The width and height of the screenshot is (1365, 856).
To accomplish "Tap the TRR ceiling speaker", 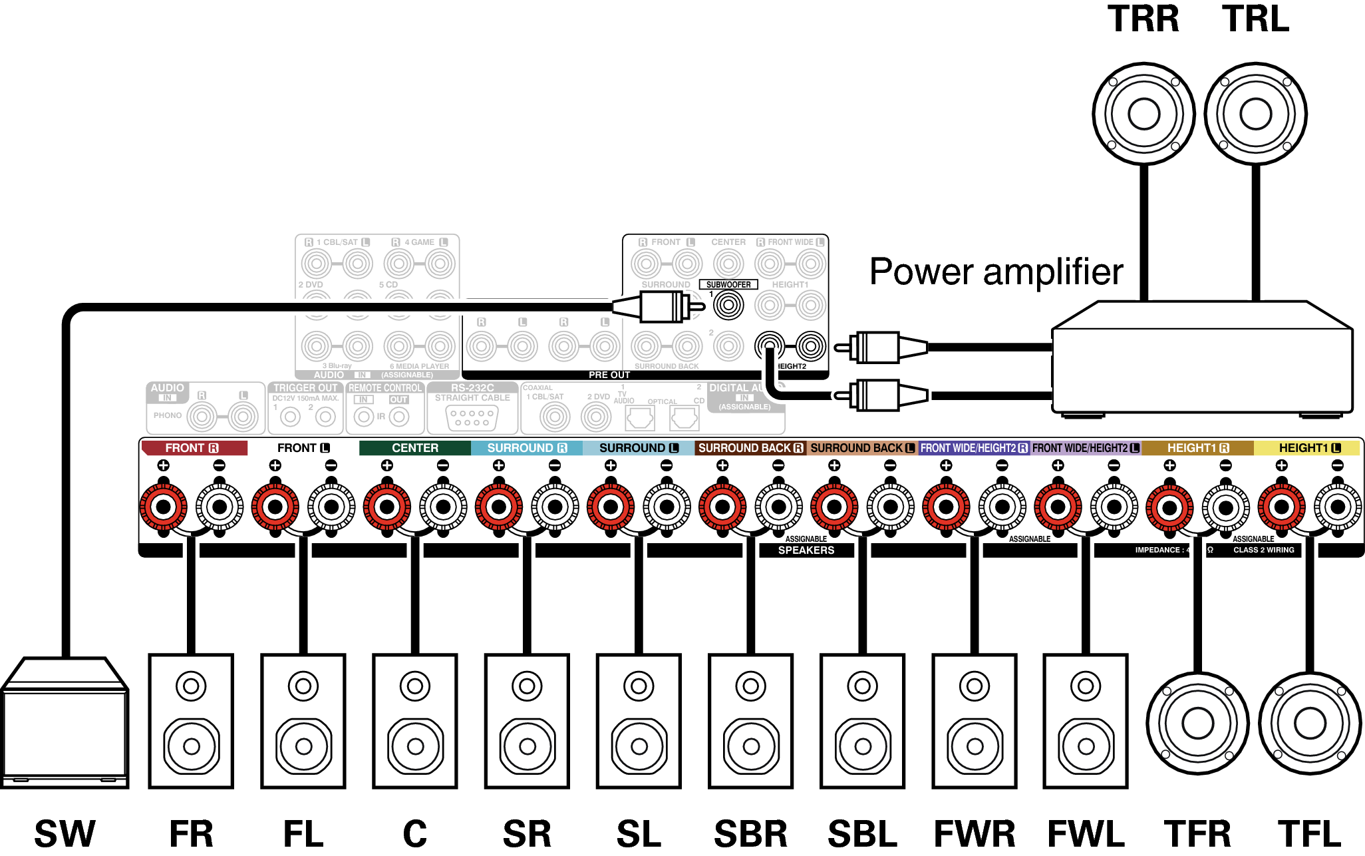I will [x=1143, y=114].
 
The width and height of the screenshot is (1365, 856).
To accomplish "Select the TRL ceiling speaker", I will [x=1255, y=114].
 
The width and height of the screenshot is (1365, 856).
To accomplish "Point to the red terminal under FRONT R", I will [x=163, y=507].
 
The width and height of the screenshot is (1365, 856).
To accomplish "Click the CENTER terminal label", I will [x=414, y=448].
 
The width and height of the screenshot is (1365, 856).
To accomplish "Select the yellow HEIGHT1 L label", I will [x=1308, y=448].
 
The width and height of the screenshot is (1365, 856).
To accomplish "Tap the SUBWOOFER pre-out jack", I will [x=728, y=306].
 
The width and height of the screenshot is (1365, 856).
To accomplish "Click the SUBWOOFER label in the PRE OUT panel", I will [x=728, y=284].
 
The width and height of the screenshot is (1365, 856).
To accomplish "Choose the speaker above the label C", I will [x=415, y=721].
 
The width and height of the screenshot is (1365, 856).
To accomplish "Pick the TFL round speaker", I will [x=1310, y=724].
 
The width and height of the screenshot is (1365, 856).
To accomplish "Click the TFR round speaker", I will [x=1197, y=724].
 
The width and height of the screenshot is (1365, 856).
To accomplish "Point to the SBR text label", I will [x=750, y=833].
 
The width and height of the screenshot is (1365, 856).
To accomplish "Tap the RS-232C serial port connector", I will [x=472, y=418].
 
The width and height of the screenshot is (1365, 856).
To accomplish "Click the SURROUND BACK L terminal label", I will [x=862, y=448].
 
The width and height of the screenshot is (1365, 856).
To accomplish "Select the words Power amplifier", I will [x=996, y=272].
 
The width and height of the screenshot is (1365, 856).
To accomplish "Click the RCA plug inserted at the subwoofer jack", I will [x=659, y=307].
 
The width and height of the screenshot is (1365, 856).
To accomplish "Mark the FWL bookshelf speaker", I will [x=1086, y=721].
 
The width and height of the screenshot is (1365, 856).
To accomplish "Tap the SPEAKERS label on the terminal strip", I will [x=806, y=550].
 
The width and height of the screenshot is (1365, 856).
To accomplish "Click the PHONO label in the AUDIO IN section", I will [x=168, y=415].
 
